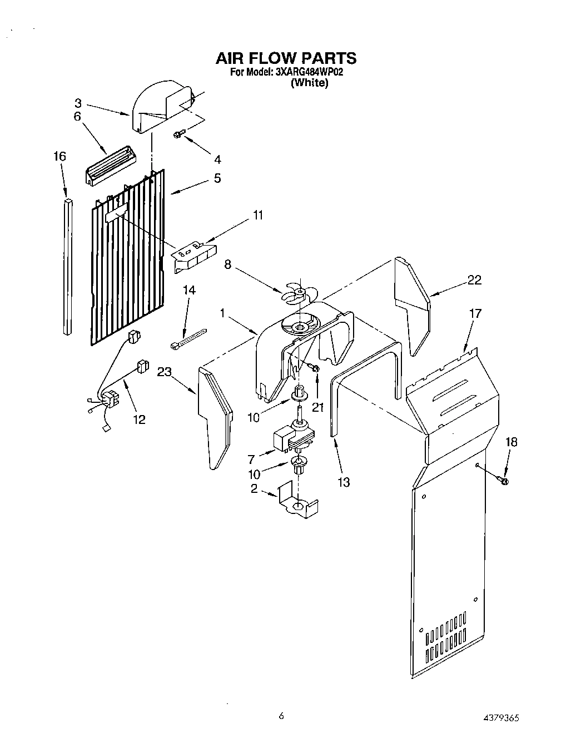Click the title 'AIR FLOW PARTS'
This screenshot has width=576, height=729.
coord(285,58)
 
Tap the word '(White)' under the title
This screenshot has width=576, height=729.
coord(310,83)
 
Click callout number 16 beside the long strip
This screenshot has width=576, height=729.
coord(59,156)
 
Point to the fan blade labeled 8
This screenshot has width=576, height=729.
coord(298,293)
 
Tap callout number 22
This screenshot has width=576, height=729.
coord(474,280)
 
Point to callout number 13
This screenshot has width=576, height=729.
coord(344,482)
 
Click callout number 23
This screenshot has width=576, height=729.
coord(164,373)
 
